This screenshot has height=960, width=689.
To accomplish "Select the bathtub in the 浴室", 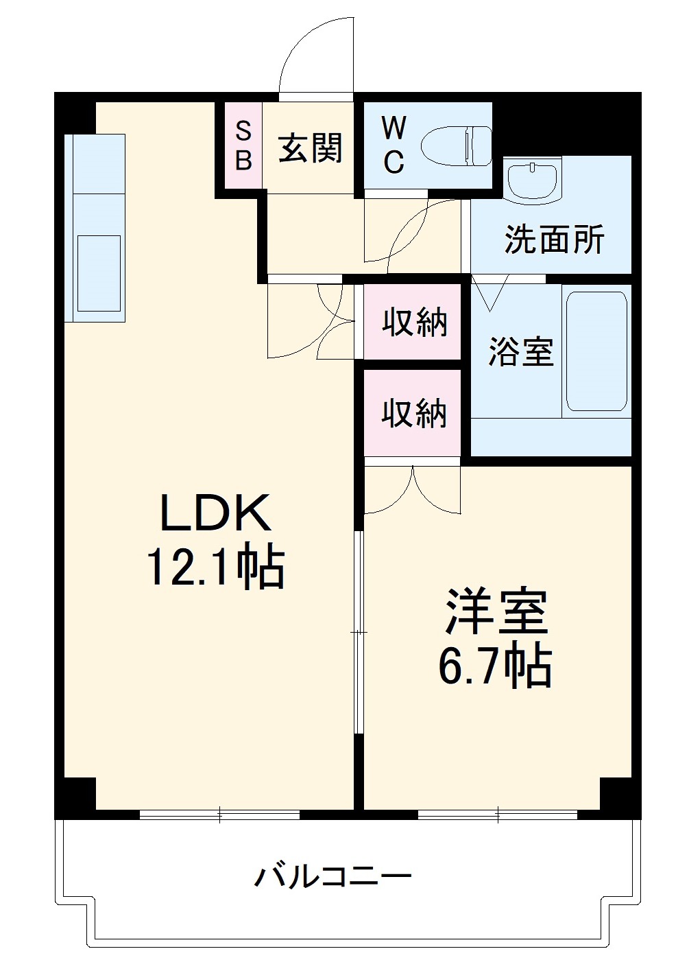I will tap(596, 351).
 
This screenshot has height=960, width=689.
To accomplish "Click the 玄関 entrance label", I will tap(310, 148).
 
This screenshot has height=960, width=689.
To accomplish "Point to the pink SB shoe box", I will tap(244, 145).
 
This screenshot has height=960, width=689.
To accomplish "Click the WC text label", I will tap(394, 145).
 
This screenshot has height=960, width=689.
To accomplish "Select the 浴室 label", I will tap(520, 351).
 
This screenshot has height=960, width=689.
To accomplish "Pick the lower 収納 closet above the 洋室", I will tap(414, 413).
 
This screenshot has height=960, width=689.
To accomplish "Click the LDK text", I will tap(215, 513).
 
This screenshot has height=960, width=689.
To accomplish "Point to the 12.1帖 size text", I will tap(215, 568).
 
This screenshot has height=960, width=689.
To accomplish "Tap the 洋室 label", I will tap(496, 611).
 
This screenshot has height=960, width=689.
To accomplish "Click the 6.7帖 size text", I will tap(495, 666).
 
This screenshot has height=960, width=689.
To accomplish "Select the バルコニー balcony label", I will tap(333, 876).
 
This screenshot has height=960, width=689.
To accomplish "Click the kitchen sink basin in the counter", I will tap(99, 273).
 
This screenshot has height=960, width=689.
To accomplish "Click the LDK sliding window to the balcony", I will tap(219, 815).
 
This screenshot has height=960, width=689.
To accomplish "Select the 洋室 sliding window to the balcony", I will tap(498, 815).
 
